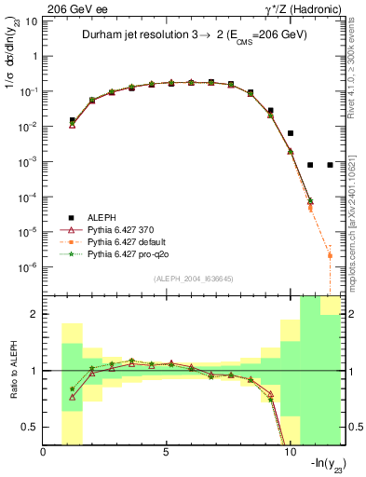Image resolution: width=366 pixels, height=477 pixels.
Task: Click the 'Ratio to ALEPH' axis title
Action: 11,371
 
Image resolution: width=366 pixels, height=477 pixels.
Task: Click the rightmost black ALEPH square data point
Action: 330,165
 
